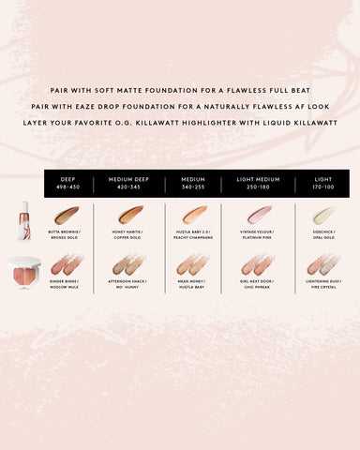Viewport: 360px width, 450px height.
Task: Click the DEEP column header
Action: (67, 182)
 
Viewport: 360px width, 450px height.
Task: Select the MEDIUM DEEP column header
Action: (130, 182)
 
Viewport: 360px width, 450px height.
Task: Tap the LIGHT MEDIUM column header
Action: (259, 182)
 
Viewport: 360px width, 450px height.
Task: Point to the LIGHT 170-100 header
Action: (322, 182)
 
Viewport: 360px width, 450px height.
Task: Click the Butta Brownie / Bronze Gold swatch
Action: (67, 216)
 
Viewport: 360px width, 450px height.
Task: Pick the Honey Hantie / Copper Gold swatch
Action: (130, 216)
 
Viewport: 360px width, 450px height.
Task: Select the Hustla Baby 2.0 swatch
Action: (194, 216)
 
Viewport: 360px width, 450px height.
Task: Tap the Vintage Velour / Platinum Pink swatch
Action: (259, 216)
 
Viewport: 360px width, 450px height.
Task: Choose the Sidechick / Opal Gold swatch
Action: (322, 216)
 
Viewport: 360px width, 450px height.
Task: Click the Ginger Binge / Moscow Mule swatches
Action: (67, 265)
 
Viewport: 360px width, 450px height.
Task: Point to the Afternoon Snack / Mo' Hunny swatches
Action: (130, 265)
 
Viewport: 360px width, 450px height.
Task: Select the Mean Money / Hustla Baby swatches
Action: (194, 265)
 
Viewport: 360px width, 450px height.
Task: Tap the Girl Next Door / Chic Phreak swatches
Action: (259, 265)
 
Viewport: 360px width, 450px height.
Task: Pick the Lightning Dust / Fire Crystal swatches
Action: (322, 265)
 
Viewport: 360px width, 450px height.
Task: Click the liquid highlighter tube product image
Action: (23, 220)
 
